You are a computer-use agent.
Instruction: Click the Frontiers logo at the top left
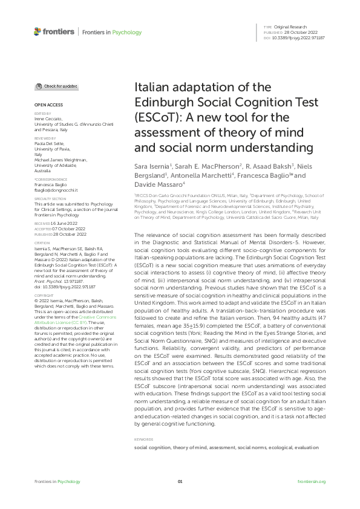[54, 31]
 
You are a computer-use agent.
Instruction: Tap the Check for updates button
[56, 86]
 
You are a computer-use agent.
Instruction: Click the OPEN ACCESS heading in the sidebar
[47, 105]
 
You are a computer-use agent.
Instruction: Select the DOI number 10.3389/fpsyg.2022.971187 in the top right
[299, 37]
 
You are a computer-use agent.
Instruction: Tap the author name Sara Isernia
[152, 166]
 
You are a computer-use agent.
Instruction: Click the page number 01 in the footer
[180, 481]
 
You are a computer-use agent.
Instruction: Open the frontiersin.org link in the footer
[312, 481]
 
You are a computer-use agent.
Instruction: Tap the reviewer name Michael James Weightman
[61, 160]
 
